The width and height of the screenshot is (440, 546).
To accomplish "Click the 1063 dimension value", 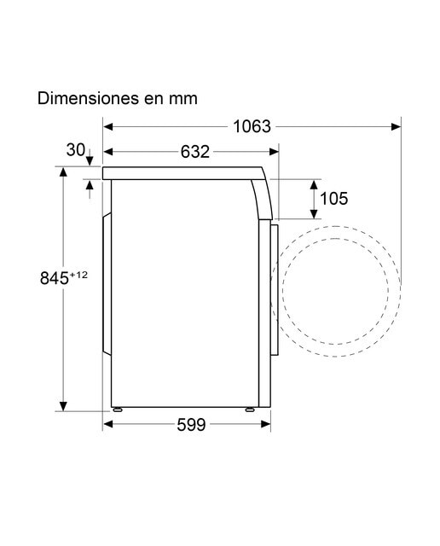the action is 252,126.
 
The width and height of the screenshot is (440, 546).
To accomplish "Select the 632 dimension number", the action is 195,152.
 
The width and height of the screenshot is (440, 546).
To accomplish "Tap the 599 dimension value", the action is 191,425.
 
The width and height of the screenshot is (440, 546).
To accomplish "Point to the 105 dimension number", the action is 333,199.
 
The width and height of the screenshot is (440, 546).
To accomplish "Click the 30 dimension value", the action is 76,150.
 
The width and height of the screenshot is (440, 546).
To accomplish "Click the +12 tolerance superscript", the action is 78,275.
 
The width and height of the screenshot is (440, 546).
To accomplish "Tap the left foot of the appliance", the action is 117,409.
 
